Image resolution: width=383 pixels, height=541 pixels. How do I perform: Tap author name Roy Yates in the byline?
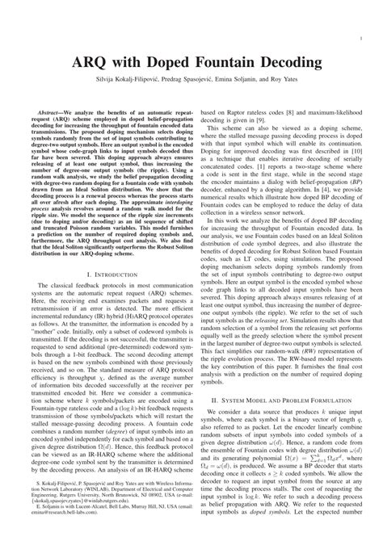[289, 82]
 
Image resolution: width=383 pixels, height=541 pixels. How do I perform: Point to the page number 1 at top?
[358, 37]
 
